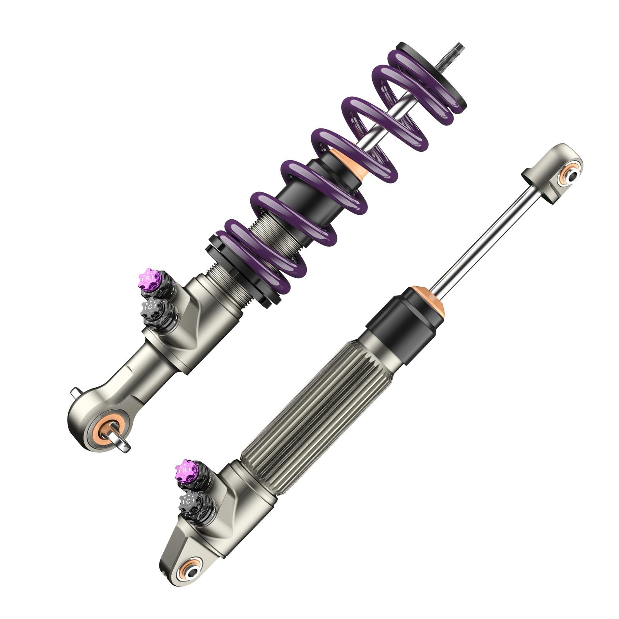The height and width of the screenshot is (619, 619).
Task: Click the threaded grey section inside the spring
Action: click(x=271, y=232)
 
